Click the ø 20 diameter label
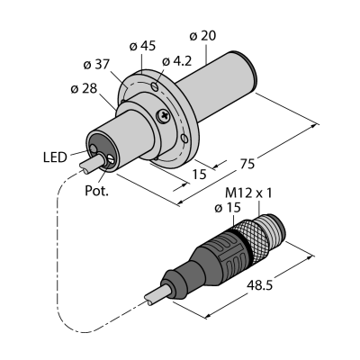[x=202, y=36]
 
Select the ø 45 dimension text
[x=142, y=46]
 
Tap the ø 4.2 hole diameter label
[x=176, y=61]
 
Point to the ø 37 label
[x=96, y=65]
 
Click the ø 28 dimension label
[x=84, y=88]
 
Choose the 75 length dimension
[x=248, y=164]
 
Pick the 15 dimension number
[x=200, y=174]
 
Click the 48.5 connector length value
[x=259, y=285]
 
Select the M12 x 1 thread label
[x=248, y=193]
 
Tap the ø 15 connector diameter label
[x=228, y=208]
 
